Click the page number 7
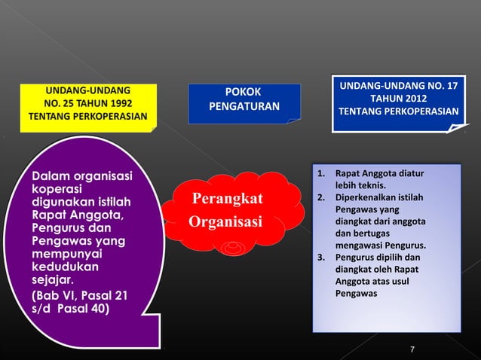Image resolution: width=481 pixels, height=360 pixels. pos(412,348)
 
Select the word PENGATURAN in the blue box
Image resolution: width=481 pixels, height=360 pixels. pos(244,106)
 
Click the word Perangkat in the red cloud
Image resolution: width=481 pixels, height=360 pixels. pos(227,199)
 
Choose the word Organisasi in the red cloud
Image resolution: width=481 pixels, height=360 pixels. pos(225,223)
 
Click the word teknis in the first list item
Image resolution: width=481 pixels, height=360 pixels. pos(371,186)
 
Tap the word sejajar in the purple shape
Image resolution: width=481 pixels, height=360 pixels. pos(47,280)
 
